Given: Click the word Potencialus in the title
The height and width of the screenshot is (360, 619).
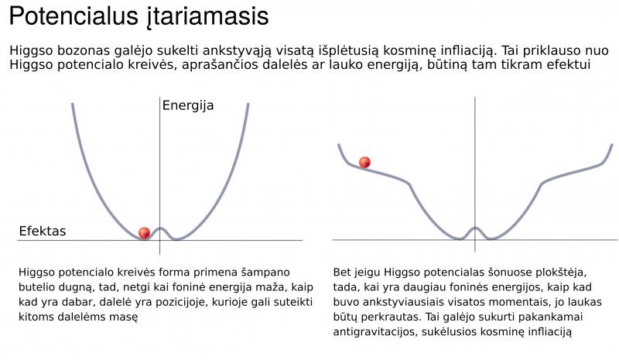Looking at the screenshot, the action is pyautogui.click(x=74, y=16).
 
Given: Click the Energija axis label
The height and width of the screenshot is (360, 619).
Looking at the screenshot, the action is pyautogui.click(x=188, y=106).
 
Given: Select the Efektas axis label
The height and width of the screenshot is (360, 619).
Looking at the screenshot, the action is pyautogui.click(x=43, y=231).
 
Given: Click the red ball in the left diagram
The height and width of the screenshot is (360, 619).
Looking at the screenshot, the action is pyautogui.click(x=145, y=233).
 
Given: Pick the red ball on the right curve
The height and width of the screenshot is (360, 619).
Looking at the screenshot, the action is pyautogui.click(x=364, y=162).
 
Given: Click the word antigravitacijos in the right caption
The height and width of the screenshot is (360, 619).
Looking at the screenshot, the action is pyautogui.click(x=375, y=332).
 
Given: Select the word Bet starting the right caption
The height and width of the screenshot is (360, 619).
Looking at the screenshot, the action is pyautogui.click(x=342, y=273).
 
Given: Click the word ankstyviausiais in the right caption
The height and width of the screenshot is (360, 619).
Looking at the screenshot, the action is pyautogui.click(x=401, y=302).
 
